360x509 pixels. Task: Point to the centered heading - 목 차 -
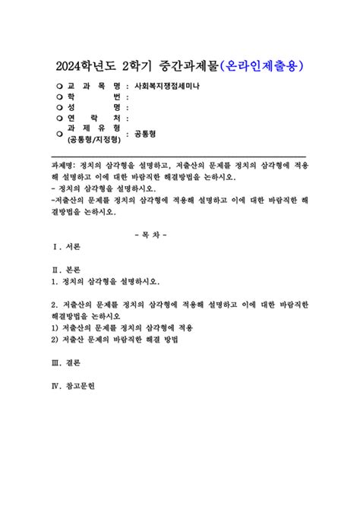point(179,233)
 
